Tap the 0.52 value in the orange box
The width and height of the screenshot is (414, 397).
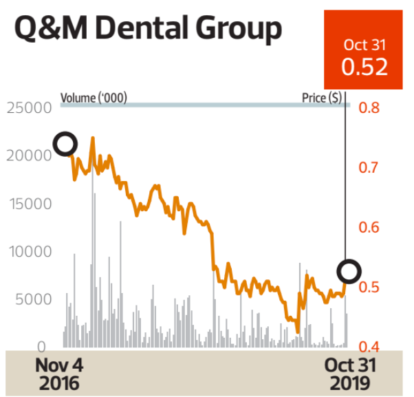tap(364, 67)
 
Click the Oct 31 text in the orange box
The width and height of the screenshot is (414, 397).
tap(364, 45)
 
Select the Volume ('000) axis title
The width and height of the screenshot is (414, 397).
tap(94, 98)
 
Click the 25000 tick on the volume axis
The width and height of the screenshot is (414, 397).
tap(28, 108)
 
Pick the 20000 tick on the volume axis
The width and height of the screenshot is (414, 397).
tap(28, 155)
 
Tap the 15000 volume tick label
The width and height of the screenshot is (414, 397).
tap(28, 204)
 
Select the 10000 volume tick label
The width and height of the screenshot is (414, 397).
tap(28, 252)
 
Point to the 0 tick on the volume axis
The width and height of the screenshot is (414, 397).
tap(42, 347)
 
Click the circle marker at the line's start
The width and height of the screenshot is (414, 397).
tap(65, 144)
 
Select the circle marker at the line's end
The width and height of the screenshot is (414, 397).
tap(349, 271)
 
